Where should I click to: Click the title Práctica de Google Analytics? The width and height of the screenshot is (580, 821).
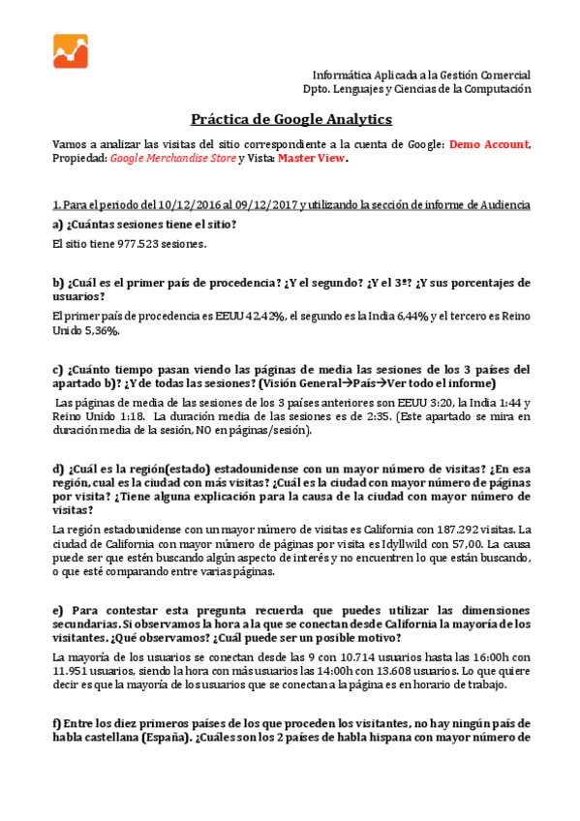(290, 119)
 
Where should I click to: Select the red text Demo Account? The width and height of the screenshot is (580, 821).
(489, 144)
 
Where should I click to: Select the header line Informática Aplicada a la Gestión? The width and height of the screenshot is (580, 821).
(421, 75)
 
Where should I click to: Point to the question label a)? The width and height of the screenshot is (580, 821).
(58, 225)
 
